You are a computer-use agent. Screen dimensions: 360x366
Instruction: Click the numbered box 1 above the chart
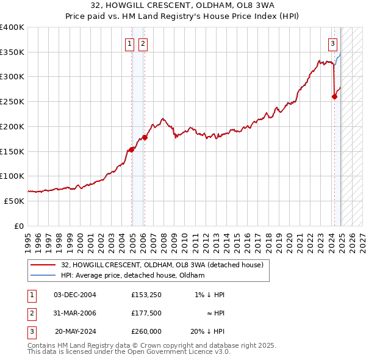(130, 43)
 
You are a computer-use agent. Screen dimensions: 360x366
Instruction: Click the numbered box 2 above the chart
(142, 43)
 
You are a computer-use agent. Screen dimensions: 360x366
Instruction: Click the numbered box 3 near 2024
(332, 43)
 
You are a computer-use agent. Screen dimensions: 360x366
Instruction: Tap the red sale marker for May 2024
(334, 96)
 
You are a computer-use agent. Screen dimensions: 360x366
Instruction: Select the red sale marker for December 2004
(132, 149)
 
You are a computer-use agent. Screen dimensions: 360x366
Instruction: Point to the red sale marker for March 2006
(145, 137)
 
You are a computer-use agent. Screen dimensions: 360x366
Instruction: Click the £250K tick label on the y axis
(12, 102)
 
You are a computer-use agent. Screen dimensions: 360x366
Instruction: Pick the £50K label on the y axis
(15, 201)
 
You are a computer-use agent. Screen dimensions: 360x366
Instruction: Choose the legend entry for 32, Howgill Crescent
(162, 265)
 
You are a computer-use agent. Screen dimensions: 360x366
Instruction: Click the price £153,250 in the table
(145, 295)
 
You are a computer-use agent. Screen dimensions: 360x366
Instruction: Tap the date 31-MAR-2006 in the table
(76, 314)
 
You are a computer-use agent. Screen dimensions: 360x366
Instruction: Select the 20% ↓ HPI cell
(207, 333)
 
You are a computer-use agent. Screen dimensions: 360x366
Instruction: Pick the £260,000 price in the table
(146, 333)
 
